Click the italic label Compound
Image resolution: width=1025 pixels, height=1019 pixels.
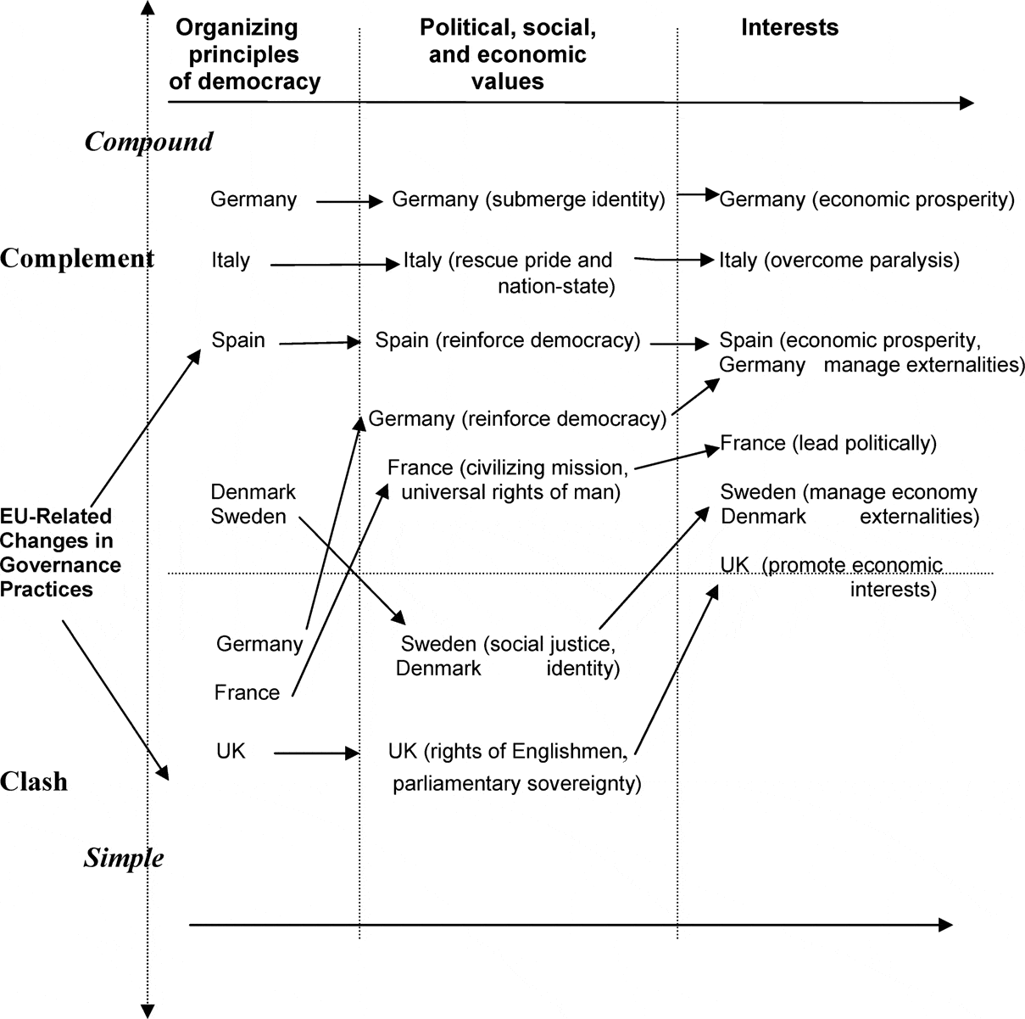coord(149,141)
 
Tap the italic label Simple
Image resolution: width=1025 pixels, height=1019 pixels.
coord(124,858)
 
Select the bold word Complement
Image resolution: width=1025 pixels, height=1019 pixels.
coord(77,258)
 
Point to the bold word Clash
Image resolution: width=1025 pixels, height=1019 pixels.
coord(34,781)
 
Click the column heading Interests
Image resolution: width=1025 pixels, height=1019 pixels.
coord(789,27)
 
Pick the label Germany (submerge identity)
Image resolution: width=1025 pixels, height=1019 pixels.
coord(528,199)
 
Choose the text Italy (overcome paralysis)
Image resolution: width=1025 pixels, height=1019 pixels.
coord(839,260)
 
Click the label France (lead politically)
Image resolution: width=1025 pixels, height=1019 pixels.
coord(828,443)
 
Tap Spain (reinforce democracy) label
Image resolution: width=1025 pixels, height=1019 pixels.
coord(508,340)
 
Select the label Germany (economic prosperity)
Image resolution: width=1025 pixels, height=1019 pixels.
coord(866,199)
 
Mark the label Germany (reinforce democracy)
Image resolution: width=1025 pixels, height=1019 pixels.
coord(517,418)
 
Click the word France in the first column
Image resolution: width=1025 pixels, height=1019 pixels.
coord(247,692)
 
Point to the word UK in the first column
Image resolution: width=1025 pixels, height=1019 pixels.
coord(231,750)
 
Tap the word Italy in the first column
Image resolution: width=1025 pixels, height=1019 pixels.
coord(231,260)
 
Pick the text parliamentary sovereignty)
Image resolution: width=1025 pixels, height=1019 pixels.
coord(516,782)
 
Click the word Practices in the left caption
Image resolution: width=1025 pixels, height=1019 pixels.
coord(47,588)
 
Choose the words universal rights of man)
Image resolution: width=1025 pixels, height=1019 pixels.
coord(509,490)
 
